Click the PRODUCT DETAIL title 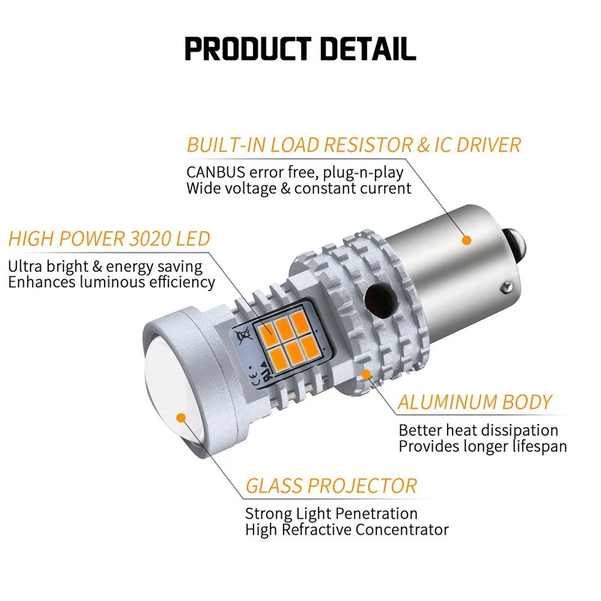pyautogui.click(x=300, y=49)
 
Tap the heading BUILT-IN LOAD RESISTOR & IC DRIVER pyautogui.click(x=354, y=145)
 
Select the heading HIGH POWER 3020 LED pyautogui.click(x=110, y=239)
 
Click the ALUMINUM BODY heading pyautogui.click(x=475, y=402)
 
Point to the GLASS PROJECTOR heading pyautogui.click(x=331, y=485)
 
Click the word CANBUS pyautogui.click(x=216, y=172)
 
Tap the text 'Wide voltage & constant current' pyautogui.click(x=299, y=188)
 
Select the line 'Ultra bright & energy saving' pyautogui.click(x=105, y=266)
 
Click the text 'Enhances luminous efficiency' pyautogui.click(x=111, y=282)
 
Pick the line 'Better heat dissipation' pyautogui.click(x=478, y=430)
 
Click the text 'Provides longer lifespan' pyautogui.click(x=483, y=446)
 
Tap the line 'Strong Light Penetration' pyautogui.click(x=331, y=514)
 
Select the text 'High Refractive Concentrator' pyautogui.click(x=347, y=530)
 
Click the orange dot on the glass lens pyautogui.click(x=182, y=416)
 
